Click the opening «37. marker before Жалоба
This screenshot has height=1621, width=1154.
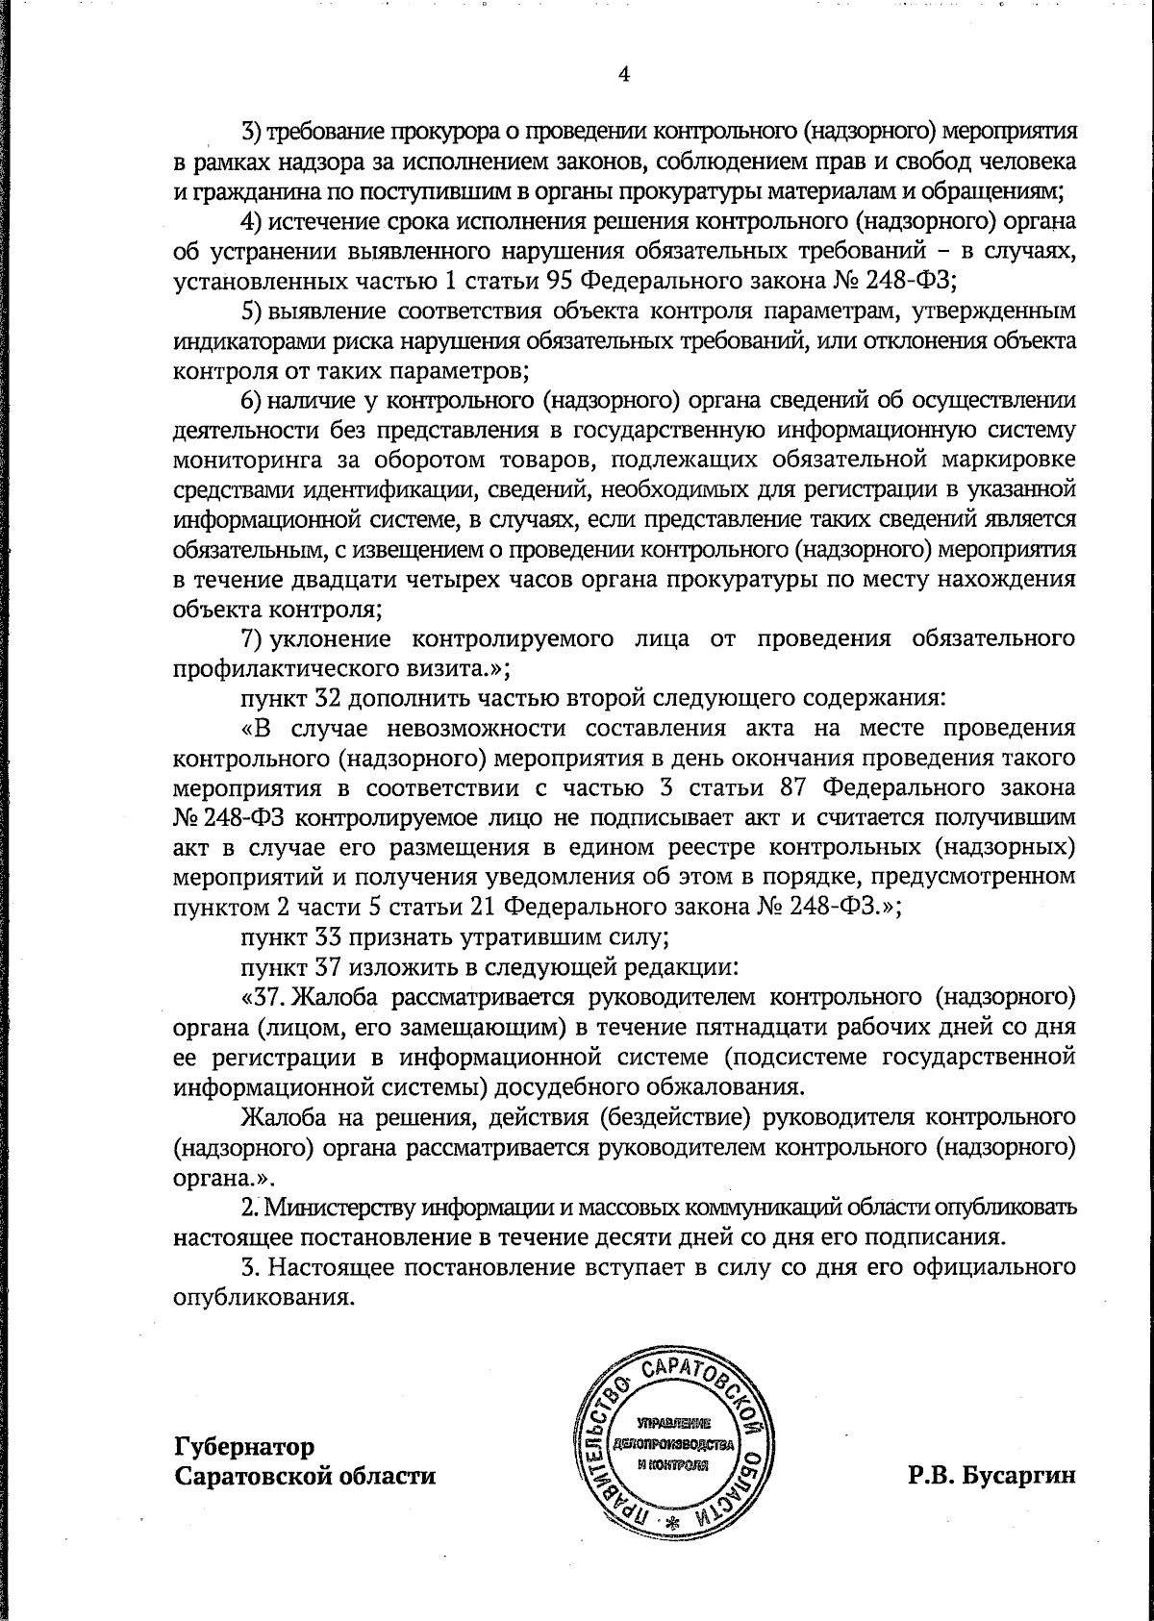tap(265, 996)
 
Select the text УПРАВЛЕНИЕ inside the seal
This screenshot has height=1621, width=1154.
tap(672, 1421)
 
